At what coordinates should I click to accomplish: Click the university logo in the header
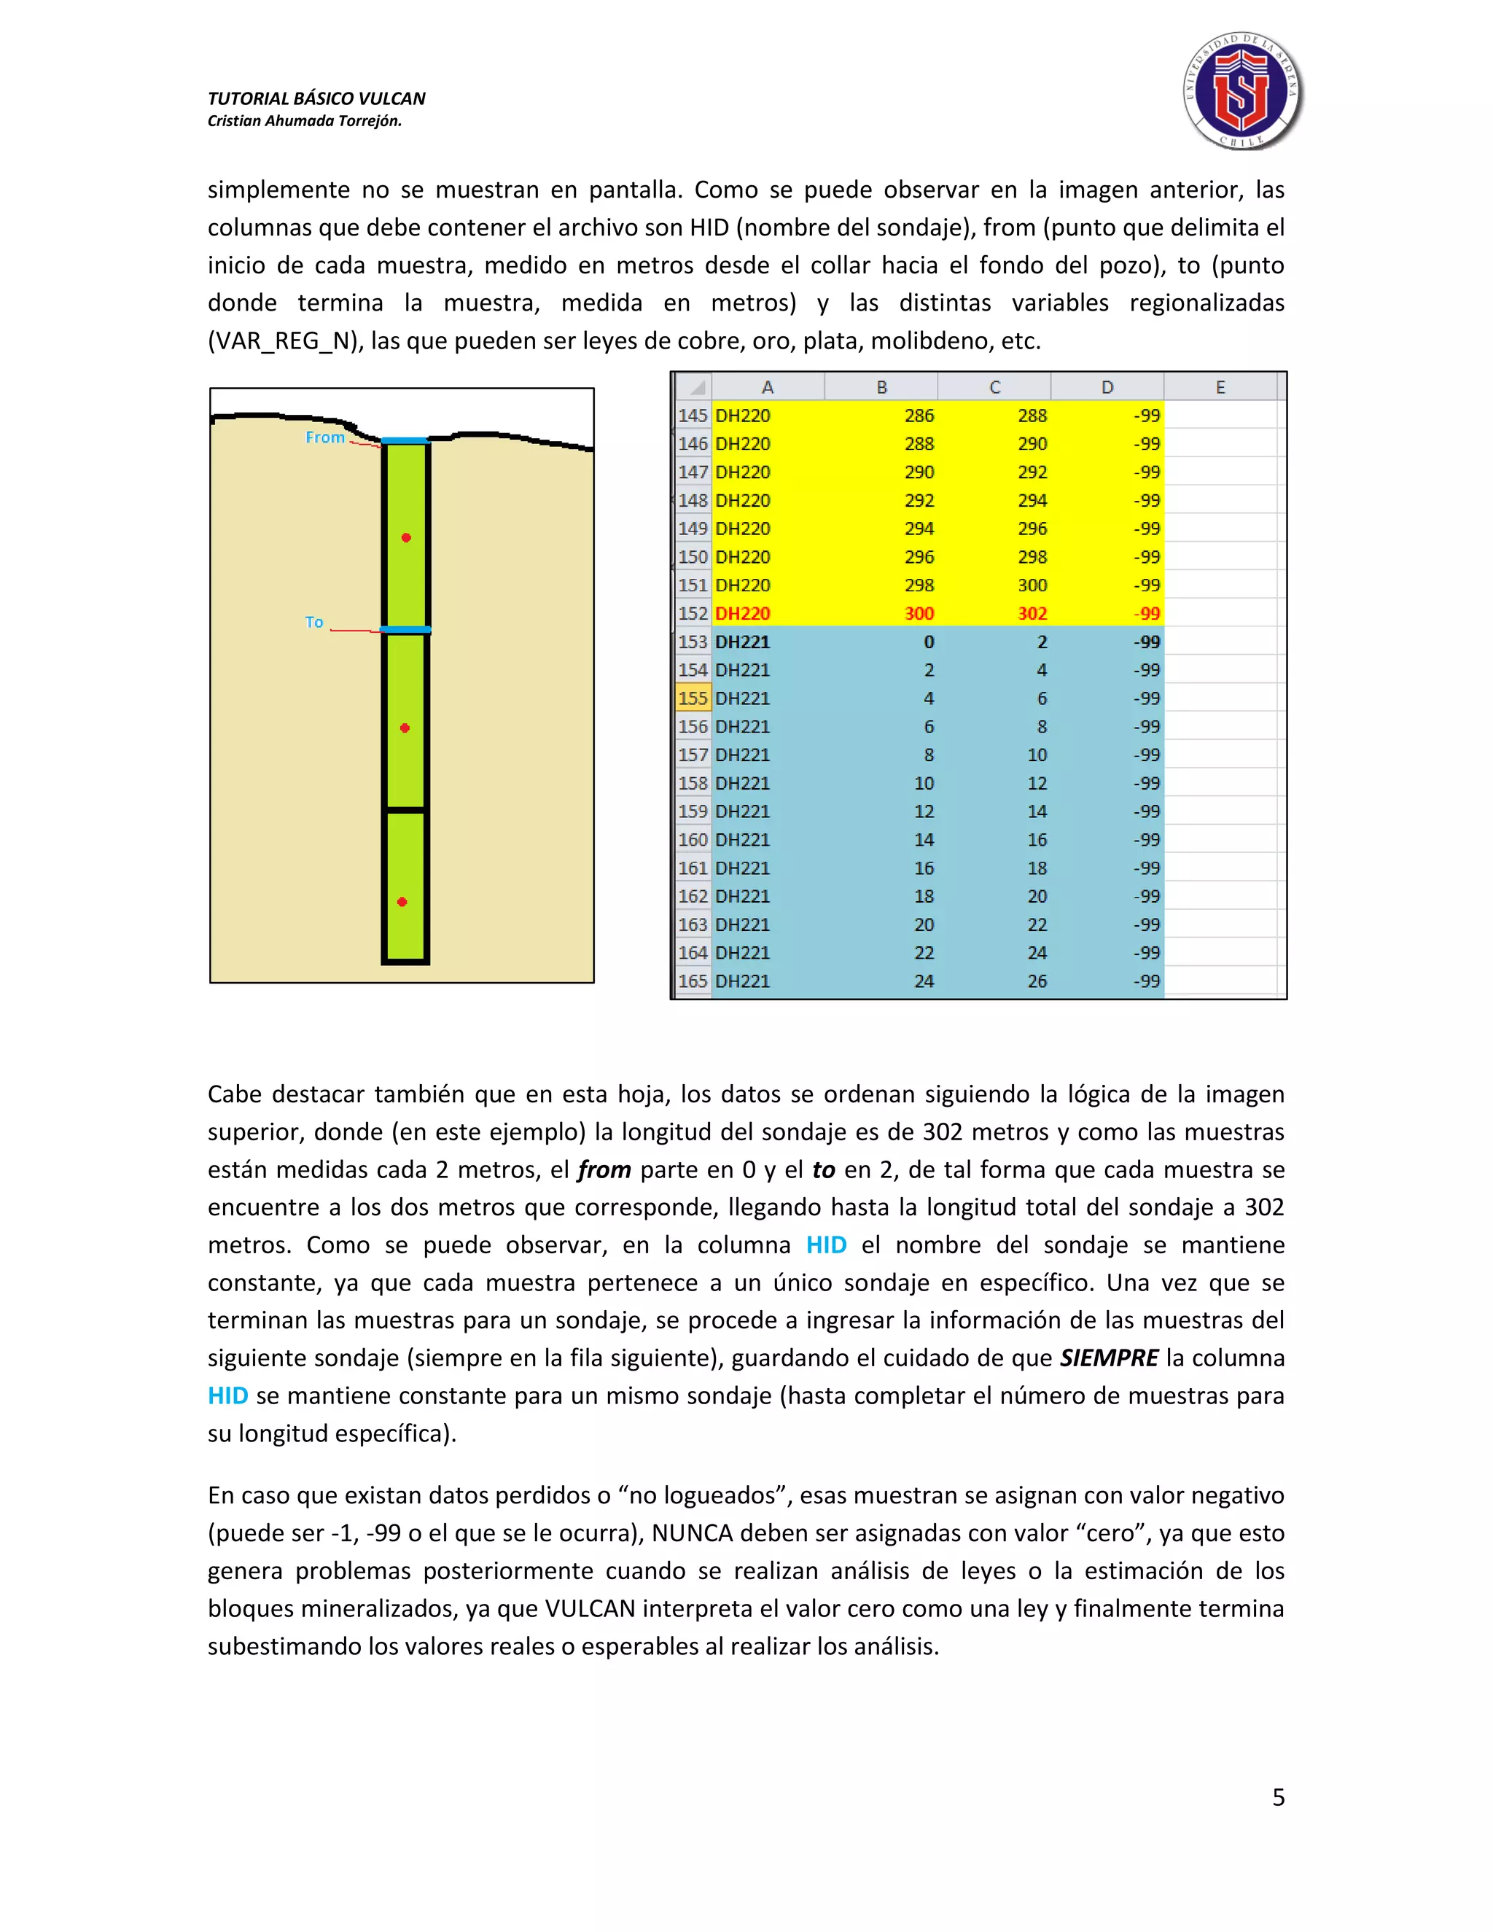click(x=1243, y=91)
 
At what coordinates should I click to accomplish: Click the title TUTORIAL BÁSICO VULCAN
click(x=316, y=98)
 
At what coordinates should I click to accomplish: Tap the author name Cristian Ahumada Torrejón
click(x=304, y=121)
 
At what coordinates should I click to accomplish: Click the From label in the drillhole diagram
click(x=324, y=437)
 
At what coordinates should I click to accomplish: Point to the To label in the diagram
click(x=314, y=622)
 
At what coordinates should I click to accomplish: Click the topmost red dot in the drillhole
click(x=406, y=538)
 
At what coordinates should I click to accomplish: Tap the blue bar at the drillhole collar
click(x=405, y=440)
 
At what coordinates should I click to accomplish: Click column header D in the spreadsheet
click(x=1107, y=387)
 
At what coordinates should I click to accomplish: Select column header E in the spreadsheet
click(x=1220, y=387)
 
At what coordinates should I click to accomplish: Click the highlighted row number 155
click(x=693, y=698)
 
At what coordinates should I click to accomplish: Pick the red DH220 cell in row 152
click(x=742, y=613)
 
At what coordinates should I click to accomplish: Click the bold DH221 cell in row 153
click(x=742, y=642)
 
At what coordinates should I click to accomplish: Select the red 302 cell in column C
click(x=1032, y=613)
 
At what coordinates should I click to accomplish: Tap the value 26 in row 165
click(x=1037, y=981)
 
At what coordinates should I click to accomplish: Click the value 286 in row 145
click(x=919, y=415)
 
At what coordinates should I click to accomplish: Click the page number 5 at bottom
click(x=1278, y=1798)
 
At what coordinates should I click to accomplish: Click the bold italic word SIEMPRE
click(x=1108, y=1358)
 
